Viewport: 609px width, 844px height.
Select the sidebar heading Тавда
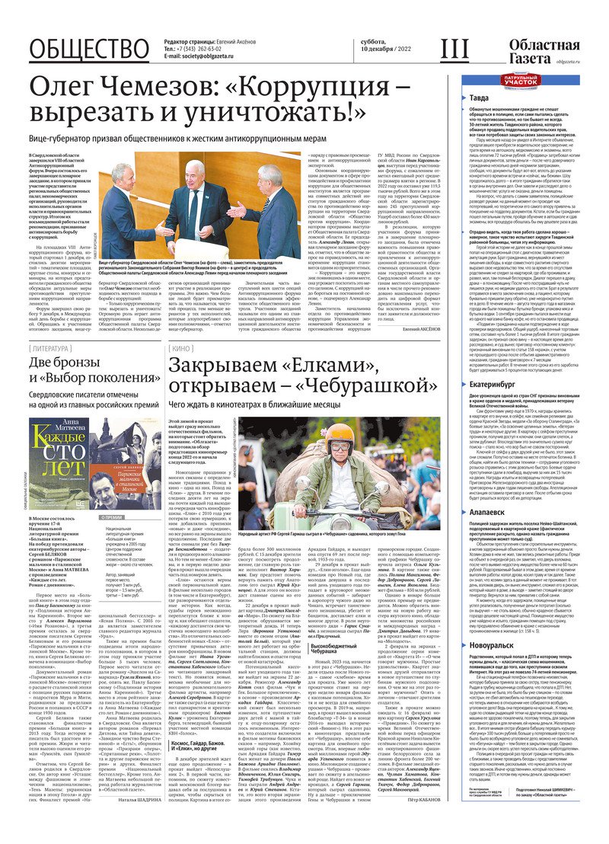coord(480,98)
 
